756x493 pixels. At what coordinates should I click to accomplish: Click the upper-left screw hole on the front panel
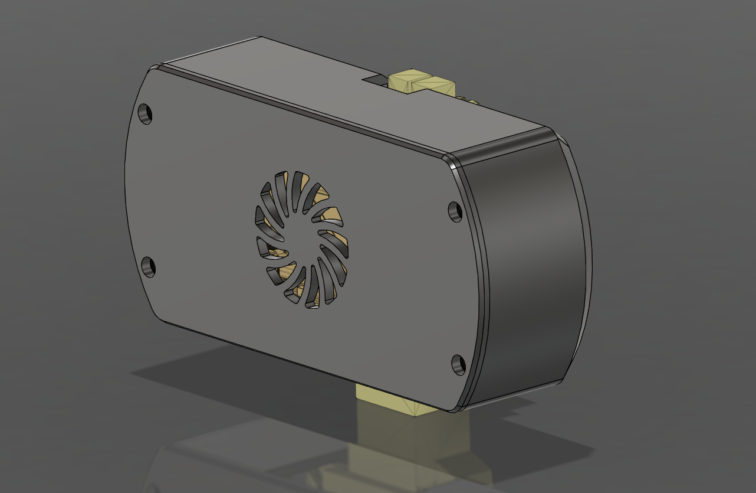(x=145, y=113)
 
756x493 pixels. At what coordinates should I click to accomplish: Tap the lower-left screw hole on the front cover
(x=149, y=266)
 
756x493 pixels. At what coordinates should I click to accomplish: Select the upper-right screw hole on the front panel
(x=455, y=211)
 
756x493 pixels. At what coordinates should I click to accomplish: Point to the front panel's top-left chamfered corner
(x=147, y=74)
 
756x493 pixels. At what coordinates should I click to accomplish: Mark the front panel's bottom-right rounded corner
(x=466, y=401)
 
